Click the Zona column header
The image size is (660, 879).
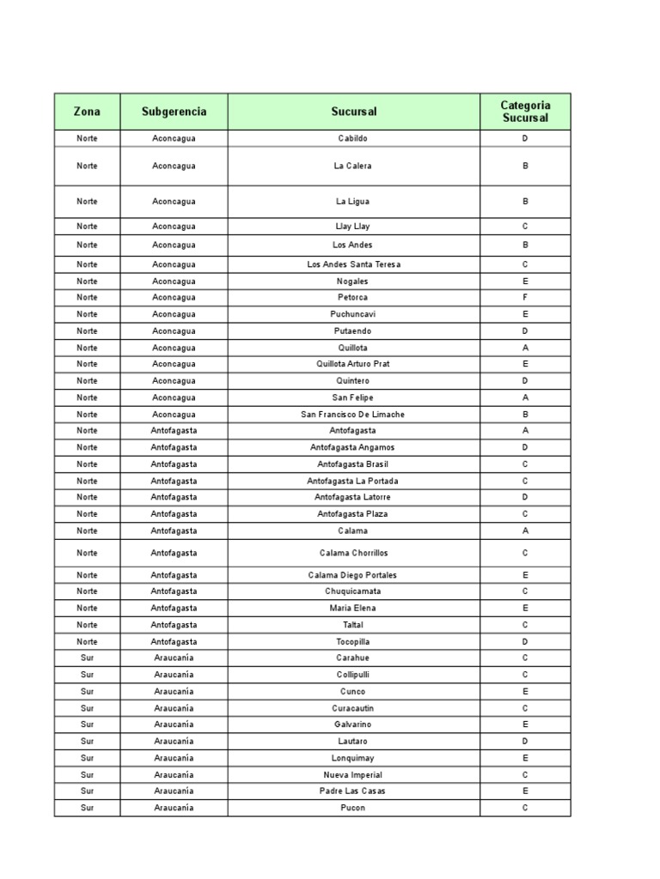pyautogui.click(x=87, y=112)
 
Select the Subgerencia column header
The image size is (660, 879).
pyautogui.click(x=174, y=112)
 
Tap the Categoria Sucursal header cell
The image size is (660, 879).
pyautogui.click(x=525, y=112)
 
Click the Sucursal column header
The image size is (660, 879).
pyautogui.click(x=353, y=112)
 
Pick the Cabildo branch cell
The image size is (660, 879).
pyautogui.click(x=353, y=138)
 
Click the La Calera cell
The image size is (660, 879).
pyautogui.click(x=353, y=166)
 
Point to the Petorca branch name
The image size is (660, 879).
pyautogui.click(x=353, y=297)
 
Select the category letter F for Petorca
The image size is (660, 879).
pyautogui.click(x=525, y=297)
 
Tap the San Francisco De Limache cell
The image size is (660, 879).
pyautogui.click(x=353, y=415)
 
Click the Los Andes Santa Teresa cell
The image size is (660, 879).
pyautogui.click(x=353, y=264)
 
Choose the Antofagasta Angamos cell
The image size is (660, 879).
pyautogui.click(x=353, y=447)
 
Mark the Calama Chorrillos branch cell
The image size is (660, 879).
pyautogui.click(x=353, y=553)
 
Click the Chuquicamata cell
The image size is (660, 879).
pyautogui.click(x=353, y=591)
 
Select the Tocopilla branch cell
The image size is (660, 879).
pyautogui.click(x=353, y=641)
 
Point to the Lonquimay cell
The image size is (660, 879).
pyautogui.click(x=353, y=758)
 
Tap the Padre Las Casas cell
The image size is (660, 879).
pyautogui.click(x=353, y=791)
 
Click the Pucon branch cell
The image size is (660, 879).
pyautogui.click(x=353, y=808)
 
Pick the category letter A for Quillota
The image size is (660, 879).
pyautogui.click(x=525, y=348)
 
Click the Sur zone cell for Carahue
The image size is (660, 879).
pyautogui.click(x=87, y=658)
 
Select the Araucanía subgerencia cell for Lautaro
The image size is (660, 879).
pyautogui.click(x=174, y=741)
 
